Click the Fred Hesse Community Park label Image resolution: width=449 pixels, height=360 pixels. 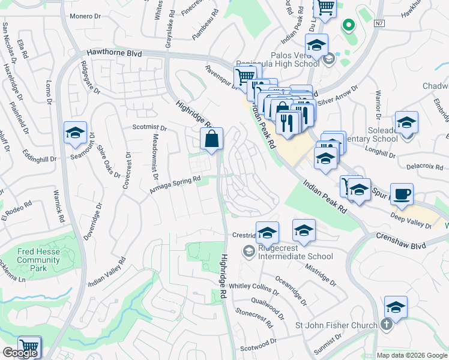38,260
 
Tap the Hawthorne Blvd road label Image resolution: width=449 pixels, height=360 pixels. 114,53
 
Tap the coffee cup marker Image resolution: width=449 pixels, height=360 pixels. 402,194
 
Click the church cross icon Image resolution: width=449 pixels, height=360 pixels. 387,325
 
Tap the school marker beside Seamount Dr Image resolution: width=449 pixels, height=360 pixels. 76,133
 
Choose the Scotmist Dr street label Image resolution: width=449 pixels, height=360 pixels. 149,128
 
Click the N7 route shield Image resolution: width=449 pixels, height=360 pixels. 378,23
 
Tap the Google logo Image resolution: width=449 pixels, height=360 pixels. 20,353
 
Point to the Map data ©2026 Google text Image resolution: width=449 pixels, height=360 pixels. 411,355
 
